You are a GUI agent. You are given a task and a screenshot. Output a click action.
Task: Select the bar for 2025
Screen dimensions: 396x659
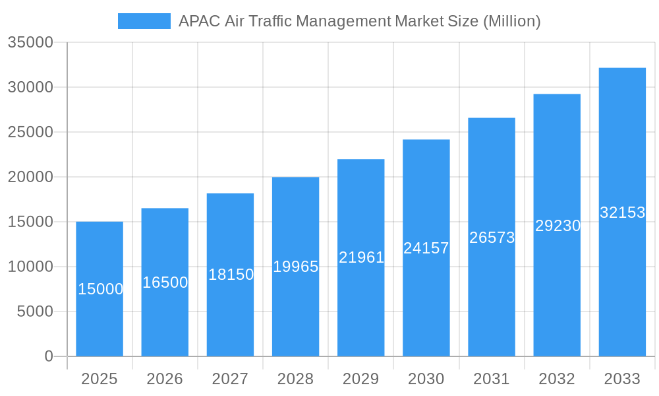click(100, 310)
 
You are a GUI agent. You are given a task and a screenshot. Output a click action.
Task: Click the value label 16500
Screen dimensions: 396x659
click(165, 282)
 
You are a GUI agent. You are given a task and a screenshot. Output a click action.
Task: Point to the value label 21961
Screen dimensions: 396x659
click(361, 257)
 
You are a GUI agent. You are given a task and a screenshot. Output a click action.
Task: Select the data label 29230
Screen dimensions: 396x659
click(558, 226)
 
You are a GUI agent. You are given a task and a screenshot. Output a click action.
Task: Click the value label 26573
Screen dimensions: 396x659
click(492, 238)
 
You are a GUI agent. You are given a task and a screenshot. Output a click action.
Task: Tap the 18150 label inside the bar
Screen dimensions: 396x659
click(231, 275)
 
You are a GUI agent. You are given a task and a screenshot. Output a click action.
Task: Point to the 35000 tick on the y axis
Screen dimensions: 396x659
click(30, 42)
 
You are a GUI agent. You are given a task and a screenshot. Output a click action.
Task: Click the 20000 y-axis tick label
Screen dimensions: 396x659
click(30, 177)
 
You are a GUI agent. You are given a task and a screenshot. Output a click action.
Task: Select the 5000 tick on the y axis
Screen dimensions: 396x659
click(35, 312)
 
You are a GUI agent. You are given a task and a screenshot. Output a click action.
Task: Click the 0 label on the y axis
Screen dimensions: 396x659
click(49, 356)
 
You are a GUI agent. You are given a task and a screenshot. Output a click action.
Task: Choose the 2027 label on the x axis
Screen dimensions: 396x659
click(230, 379)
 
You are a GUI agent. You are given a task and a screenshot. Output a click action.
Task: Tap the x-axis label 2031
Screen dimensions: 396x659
click(492, 379)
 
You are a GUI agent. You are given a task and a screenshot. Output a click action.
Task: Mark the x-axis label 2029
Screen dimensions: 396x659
click(361, 379)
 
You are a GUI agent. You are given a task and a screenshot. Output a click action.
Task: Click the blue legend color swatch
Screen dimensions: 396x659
click(144, 21)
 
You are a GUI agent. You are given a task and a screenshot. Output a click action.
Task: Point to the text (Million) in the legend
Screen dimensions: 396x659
click(512, 21)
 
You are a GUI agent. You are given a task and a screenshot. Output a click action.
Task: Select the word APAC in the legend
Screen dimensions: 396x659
click(200, 21)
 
